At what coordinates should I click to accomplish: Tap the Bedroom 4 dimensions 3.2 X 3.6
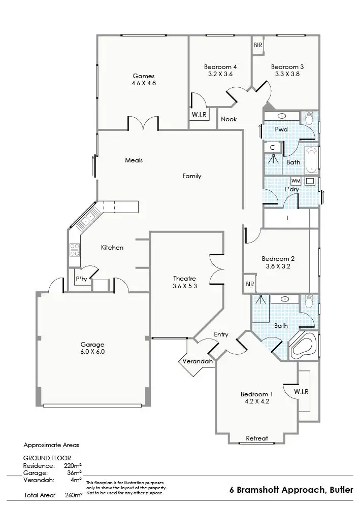(220, 74)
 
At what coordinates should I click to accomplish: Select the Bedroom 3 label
(287, 66)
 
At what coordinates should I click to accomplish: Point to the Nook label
(229, 119)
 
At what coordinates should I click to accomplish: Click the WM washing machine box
(296, 181)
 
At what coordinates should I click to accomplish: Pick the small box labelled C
(272, 147)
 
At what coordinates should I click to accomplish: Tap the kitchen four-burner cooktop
(74, 250)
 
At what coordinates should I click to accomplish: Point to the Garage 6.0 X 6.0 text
(92, 351)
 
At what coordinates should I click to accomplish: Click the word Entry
(221, 334)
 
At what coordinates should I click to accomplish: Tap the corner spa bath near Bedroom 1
(303, 347)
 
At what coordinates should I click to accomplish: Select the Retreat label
(256, 438)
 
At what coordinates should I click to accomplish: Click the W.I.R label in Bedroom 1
(301, 392)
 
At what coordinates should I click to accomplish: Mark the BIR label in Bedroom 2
(249, 284)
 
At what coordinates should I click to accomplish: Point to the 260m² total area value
(74, 494)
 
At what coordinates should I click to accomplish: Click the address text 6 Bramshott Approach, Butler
(291, 490)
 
